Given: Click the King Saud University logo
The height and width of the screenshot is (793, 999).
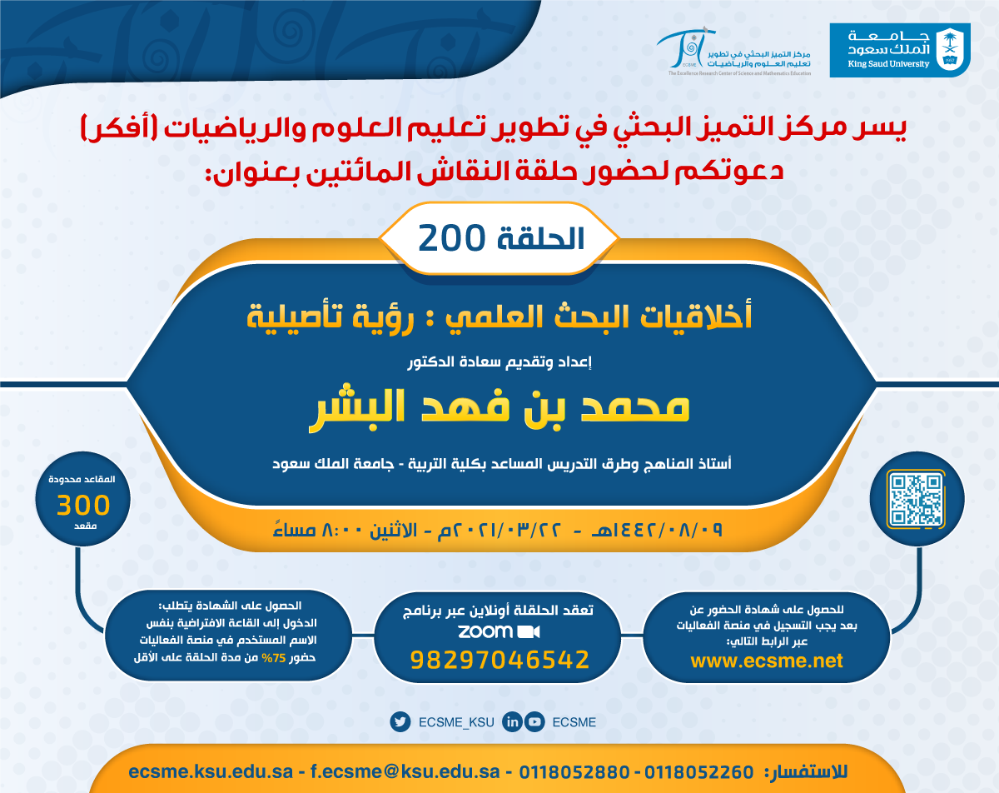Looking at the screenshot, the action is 900,50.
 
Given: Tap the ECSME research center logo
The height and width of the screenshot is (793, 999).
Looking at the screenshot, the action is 733,52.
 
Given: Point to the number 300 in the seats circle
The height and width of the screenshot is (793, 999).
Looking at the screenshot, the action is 83,505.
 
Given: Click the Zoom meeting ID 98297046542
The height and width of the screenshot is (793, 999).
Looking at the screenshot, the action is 499,660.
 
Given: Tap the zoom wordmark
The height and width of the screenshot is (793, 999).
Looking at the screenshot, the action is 485,631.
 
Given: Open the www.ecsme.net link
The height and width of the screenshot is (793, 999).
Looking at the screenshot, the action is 767,661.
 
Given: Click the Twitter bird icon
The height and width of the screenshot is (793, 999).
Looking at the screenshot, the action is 400,722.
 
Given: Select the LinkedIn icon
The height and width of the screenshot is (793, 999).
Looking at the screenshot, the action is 512,722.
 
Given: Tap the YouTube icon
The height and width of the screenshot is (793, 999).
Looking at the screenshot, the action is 534,722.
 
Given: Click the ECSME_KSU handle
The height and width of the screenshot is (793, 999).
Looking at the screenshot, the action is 456,722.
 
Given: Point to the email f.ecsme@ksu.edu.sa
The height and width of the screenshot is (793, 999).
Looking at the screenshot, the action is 405,771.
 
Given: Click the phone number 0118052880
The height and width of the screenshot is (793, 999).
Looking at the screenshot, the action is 574,772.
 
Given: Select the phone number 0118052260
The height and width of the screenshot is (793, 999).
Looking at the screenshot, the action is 698,772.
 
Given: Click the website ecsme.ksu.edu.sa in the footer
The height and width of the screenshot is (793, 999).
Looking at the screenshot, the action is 211,771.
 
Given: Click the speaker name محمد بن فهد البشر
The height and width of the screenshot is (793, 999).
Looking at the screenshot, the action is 499,408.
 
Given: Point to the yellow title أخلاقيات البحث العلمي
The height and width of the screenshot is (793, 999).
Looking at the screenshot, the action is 599,317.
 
